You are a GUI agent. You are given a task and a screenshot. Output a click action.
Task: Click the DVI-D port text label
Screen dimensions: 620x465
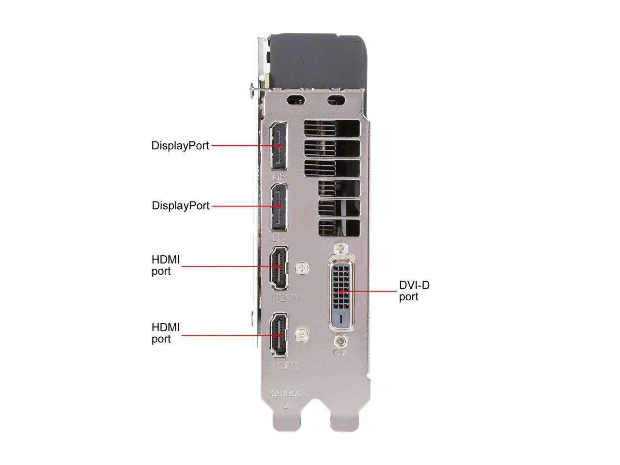(414, 291)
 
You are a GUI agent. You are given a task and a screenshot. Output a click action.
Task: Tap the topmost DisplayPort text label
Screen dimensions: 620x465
(180, 145)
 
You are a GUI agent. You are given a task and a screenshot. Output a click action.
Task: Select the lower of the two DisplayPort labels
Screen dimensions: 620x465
(181, 205)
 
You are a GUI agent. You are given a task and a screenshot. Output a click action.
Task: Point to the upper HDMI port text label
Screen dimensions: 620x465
(165, 265)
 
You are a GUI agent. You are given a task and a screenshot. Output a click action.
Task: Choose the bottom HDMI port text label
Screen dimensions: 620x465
(165, 333)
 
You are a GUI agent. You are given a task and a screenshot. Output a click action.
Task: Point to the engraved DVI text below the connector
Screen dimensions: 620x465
(341, 353)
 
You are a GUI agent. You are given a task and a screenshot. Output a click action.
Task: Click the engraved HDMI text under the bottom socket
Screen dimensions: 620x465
(286, 366)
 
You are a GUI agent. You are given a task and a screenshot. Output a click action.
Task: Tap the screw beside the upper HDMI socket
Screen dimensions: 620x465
(303, 267)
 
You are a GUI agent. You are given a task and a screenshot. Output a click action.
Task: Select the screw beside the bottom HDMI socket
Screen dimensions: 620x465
(303, 334)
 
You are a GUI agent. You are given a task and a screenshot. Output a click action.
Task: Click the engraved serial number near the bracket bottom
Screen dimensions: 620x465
(287, 394)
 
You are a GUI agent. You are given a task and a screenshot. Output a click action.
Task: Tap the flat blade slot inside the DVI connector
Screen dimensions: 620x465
(343, 319)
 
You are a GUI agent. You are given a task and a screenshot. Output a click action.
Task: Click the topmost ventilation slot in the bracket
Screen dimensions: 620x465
(332, 128)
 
